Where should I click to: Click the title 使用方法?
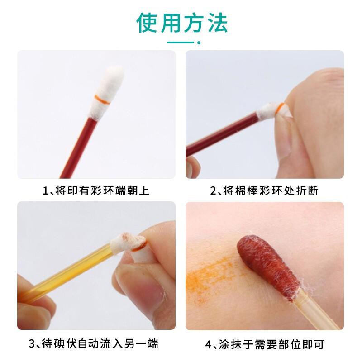182,23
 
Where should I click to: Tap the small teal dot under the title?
199,43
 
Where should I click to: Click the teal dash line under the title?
181,43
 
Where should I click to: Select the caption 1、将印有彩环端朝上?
96,191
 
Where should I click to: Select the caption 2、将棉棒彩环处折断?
264,191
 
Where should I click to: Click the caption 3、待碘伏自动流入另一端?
94,343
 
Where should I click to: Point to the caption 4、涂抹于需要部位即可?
265,344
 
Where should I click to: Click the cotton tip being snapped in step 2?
272,111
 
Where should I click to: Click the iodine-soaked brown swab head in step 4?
268,268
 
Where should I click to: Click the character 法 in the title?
218,23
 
